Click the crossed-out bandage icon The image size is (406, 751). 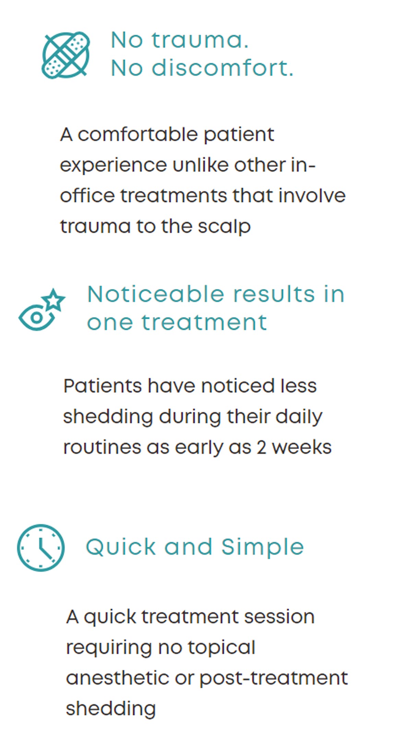pos(65,55)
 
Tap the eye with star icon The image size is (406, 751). pos(41,310)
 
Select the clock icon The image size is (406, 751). pos(41,547)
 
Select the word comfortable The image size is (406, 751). pos(137,134)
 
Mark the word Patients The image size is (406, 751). pos(103,386)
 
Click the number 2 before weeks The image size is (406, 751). pos(262,447)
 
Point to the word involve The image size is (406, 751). pos(312,196)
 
